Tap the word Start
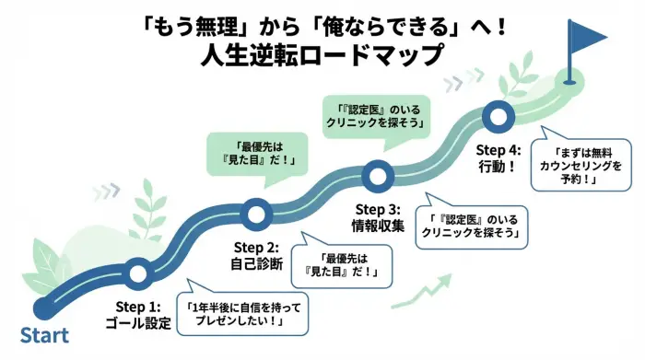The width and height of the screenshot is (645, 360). coord(44,333)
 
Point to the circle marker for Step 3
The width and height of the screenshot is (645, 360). coord(376,175)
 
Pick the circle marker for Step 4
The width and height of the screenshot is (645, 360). coord(498,116)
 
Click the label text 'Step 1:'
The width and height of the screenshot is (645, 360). coord(138,305)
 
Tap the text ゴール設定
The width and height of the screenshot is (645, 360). coord(138,323)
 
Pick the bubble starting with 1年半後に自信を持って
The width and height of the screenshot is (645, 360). coord(244,312)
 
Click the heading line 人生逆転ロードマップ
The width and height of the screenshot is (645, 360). coord(322,55)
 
